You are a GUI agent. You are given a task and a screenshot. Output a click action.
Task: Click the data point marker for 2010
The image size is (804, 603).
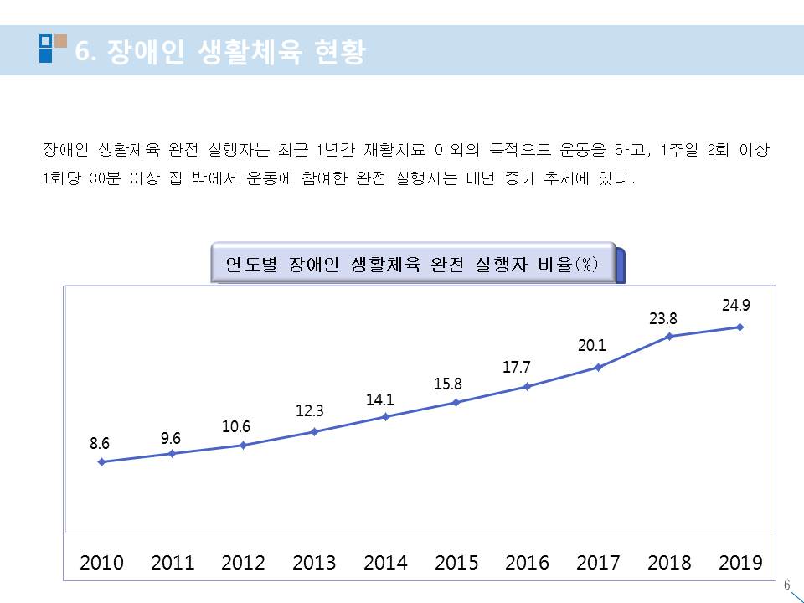(x=101, y=461)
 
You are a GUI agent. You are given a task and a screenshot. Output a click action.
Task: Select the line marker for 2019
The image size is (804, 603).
(x=740, y=327)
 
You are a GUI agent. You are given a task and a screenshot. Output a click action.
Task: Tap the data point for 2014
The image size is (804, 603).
(x=385, y=416)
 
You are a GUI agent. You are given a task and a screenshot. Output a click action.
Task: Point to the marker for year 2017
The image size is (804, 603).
(x=598, y=367)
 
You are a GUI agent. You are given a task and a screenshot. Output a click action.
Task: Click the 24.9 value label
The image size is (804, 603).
(x=736, y=307)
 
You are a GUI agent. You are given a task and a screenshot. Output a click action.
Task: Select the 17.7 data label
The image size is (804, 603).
(x=528, y=367)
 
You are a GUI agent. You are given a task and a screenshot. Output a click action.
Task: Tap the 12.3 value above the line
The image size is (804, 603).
(x=309, y=411)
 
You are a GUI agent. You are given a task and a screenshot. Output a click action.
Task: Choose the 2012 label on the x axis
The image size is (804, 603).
(x=243, y=563)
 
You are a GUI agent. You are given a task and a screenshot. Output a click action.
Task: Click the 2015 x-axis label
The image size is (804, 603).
(x=456, y=563)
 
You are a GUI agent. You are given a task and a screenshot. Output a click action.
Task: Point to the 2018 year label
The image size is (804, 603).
(x=669, y=563)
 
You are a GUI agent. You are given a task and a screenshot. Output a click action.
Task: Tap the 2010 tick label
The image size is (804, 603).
(x=101, y=563)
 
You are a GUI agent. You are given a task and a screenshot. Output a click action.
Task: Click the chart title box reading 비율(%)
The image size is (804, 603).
(x=412, y=264)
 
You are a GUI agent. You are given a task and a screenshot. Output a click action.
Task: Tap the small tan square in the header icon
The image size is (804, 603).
(x=60, y=39)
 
